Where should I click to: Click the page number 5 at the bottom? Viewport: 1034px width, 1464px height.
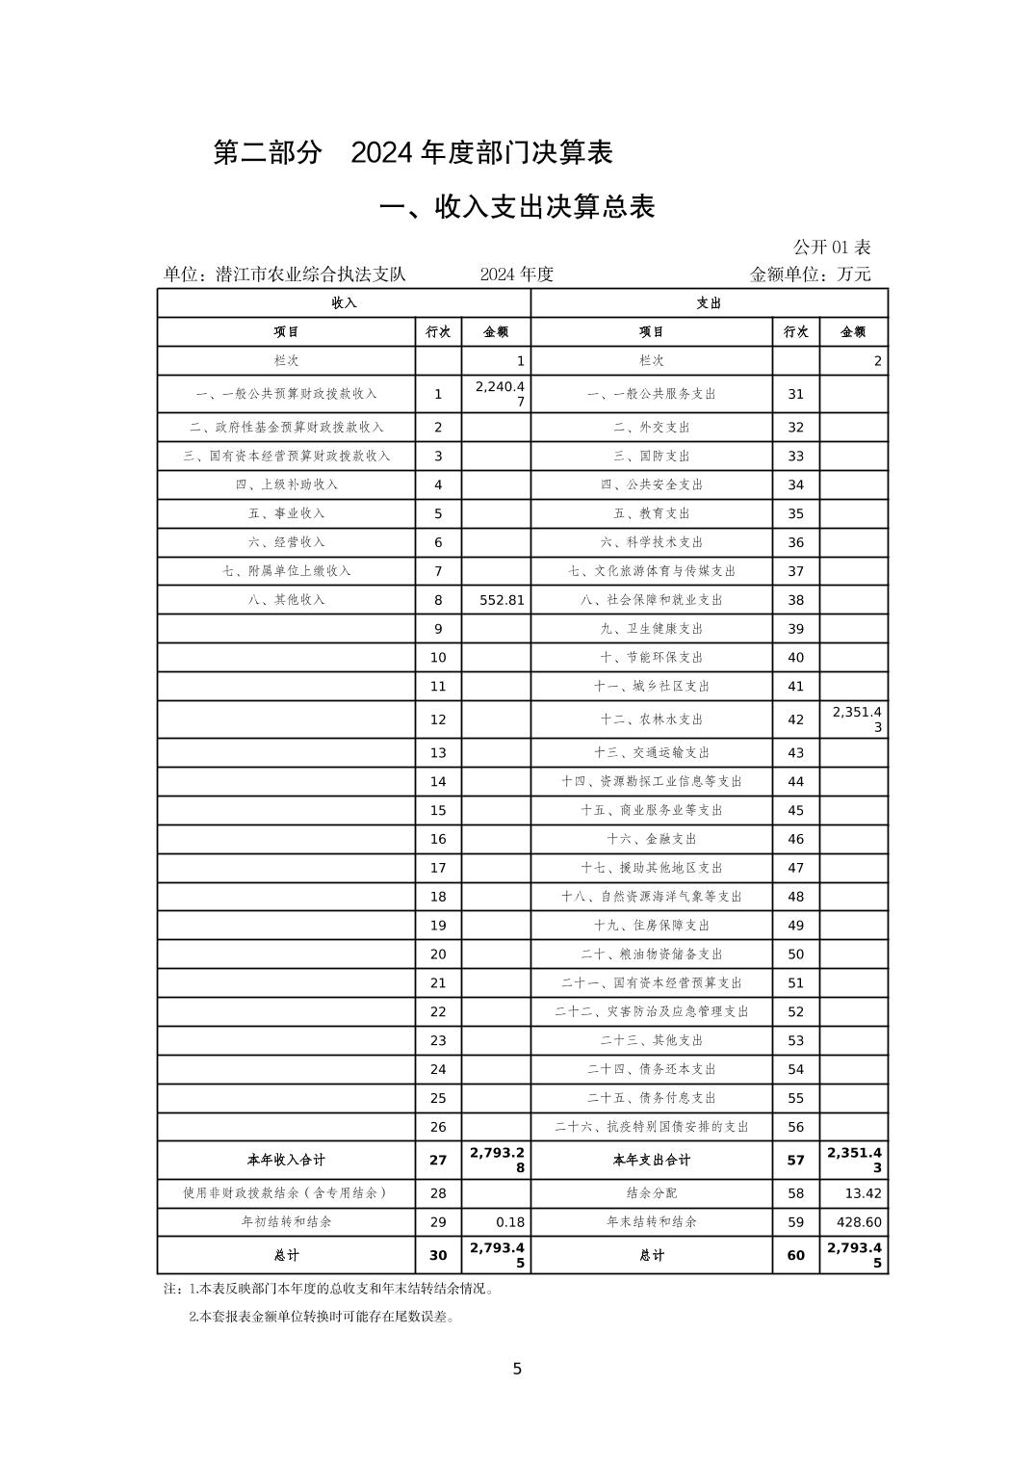click(x=517, y=1369)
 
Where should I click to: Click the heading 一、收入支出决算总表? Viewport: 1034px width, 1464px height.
click(x=517, y=207)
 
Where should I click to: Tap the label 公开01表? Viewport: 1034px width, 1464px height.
click(x=832, y=248)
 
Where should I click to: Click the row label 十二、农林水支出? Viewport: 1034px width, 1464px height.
click(x=651, y=719)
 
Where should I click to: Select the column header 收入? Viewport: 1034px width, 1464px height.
click(x=344, y=303)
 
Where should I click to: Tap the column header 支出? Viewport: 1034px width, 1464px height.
click(x=709, y=303)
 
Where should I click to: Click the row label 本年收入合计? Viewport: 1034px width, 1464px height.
click(x=286, y=1161)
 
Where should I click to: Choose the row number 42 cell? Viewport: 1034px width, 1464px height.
click(x=795, y=719)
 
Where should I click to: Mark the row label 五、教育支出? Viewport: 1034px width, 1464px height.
click(x=651, y=513)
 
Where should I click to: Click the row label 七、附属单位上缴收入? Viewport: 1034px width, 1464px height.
click(x=286, y=571)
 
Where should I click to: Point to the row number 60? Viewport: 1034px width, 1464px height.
click(x=795, y=1255)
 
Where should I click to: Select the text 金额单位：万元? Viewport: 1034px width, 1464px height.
click(x=810, y=274)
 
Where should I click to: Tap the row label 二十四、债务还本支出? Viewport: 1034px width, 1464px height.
click(x=651, y=1069)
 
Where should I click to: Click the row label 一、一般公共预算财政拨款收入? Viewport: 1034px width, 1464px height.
click(x=286, y=394)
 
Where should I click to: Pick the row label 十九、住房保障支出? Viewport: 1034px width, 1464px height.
click(x=651, y=926)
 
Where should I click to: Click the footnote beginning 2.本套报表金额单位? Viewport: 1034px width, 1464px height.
click(x=322, y=1317)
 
